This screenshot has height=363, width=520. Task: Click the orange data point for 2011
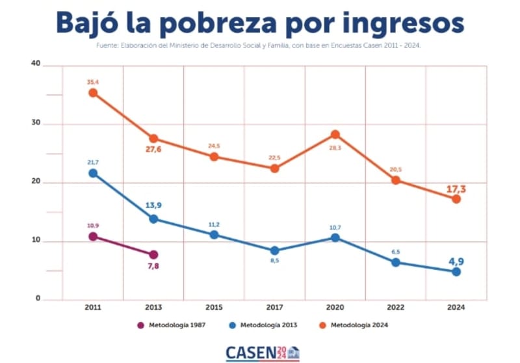(93, 93)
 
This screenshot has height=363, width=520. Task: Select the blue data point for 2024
(456, 271)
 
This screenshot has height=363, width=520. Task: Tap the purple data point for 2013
(153, 254)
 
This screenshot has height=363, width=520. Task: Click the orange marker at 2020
(335, 135)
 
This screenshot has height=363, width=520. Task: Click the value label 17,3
(456, 189)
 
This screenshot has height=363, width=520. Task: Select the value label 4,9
(456, 262)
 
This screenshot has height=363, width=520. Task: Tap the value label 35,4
(93, 83)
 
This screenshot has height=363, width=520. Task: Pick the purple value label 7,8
(153, 266)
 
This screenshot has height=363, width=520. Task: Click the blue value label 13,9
(153, 206)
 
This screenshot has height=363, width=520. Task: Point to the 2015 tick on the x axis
(214, 307)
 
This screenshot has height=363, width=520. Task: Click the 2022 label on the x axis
(396, 307)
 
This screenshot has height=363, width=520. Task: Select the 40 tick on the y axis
(36, 64)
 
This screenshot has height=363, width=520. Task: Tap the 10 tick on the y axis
(36, 241)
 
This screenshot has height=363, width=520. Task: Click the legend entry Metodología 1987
(173, 325)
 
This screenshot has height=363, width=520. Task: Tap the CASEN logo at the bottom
(263, 353)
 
